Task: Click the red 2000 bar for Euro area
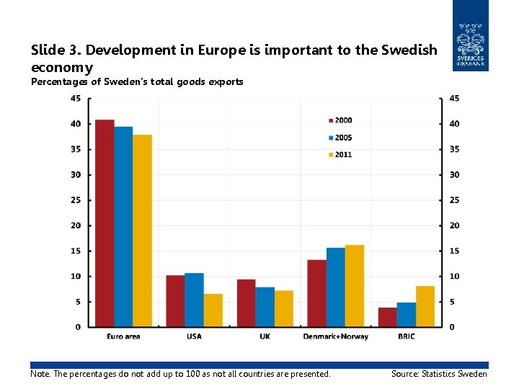(105, 223)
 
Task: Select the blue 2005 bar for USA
(194, 300)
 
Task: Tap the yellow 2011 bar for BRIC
(425, 306)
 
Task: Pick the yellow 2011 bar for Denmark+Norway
(354, 286)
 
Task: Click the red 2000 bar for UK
(247, 303)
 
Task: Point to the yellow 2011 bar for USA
(213, 310)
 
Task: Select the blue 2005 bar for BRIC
(407, 315)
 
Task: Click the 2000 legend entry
(340, 120)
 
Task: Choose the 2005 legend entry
(340, 138)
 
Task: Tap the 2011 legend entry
(340, 155)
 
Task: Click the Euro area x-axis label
(123, 336)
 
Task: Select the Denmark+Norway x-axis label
(335, 336)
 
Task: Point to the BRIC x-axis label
(406, 336)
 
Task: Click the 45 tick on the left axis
(75, 99)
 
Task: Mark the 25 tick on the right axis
(454, 200)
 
